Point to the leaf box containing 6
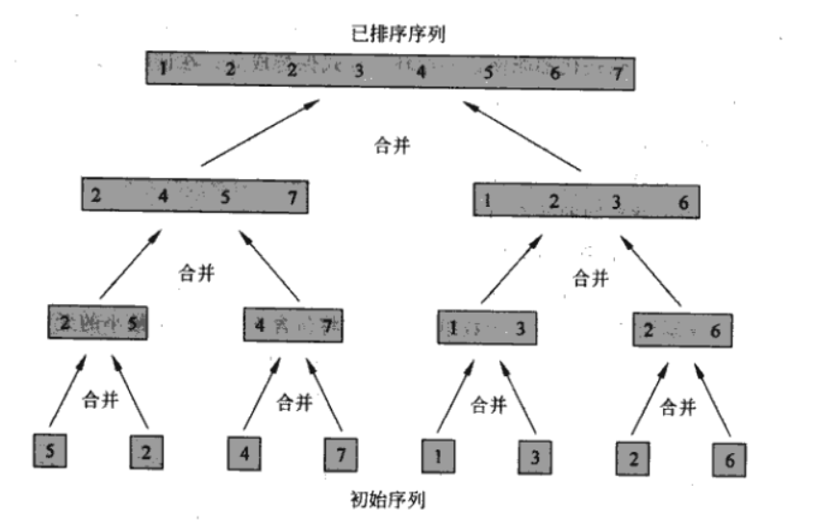[728, 459]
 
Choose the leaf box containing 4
[244, 450]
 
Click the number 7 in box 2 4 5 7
[293, 197]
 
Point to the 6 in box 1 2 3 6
[681, 202]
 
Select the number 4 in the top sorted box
[421, 70]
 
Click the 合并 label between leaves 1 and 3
[489, 406]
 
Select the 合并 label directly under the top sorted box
[392, 147]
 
